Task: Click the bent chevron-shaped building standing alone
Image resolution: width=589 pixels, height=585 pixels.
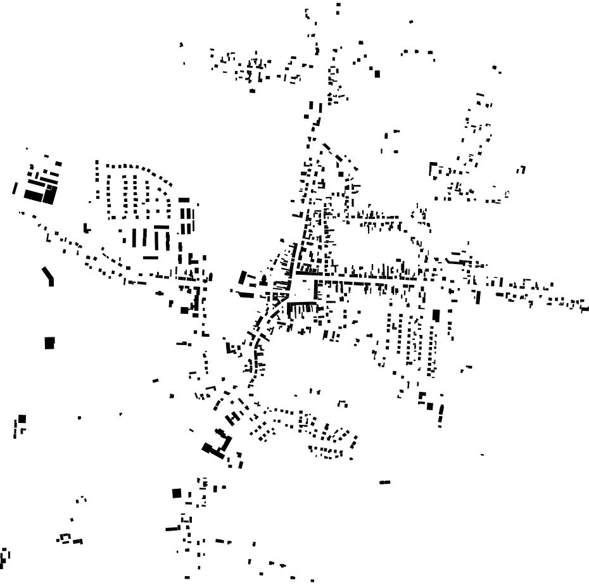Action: coord(48,276)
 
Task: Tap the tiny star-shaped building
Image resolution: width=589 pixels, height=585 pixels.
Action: coord(172,396)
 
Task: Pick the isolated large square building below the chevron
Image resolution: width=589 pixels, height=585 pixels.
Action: coord(49,343)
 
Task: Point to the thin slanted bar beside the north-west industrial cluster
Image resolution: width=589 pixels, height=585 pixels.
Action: coord(15,188)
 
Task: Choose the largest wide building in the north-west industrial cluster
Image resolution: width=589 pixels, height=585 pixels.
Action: coord(35,195)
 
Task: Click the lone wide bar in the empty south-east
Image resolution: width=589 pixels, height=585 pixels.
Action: coord(384,482)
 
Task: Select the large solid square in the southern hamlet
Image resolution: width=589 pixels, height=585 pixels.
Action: coord(177,493)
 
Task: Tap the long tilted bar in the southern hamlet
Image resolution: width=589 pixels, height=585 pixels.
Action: coord(173,528)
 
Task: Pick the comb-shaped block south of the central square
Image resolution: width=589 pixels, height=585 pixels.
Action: coord(301,308)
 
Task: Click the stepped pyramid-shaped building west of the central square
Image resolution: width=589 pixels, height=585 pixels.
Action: coord(243,279)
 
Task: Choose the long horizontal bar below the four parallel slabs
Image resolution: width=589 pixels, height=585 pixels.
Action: coord(150,258)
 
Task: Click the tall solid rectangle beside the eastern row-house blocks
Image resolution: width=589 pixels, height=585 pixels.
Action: coord(436,315)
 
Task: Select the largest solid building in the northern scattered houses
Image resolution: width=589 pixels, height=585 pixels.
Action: coord(377,73)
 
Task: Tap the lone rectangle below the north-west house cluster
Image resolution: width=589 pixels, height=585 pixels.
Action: coord(252,91)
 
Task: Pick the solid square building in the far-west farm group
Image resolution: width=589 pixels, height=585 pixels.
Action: coord(22,418)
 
